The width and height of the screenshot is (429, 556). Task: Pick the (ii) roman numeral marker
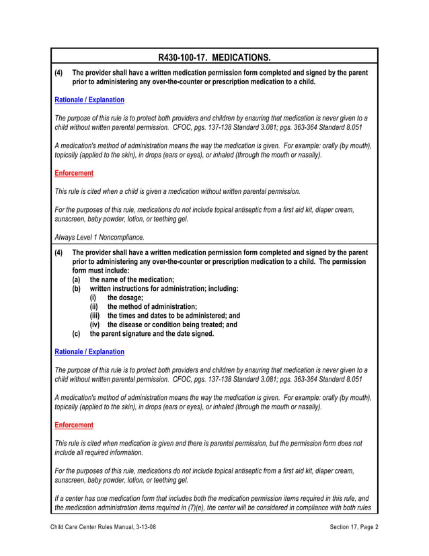95,306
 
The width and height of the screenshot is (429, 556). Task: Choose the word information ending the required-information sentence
124,453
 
